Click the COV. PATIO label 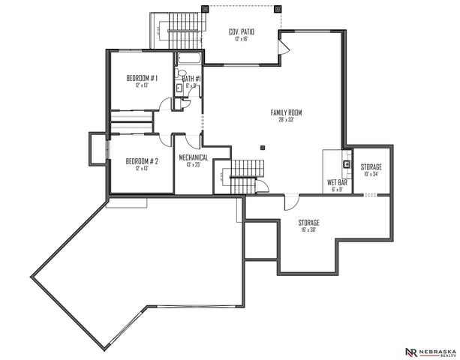pos(243,31)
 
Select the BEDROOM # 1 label pos(141,79)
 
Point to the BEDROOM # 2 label pos(141,160)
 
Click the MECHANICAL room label pos(193,157)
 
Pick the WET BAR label pos(335,182)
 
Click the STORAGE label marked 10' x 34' pos(371,166)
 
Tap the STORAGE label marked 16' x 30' pos(309,223)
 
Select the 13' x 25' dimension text pos(193,165)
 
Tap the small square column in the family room pos(262,147)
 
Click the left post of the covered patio pos(205,8)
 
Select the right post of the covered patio pos(278,8)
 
